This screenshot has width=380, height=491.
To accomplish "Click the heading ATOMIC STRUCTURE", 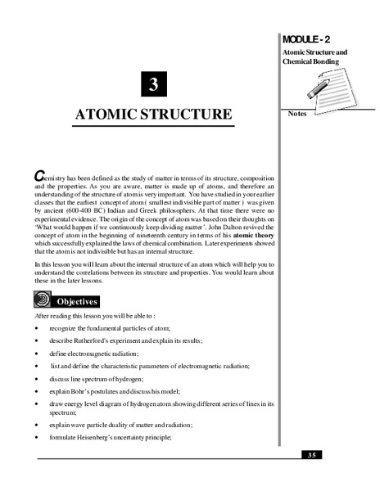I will click(154, 113).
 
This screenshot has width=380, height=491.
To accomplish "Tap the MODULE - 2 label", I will click(308, 39).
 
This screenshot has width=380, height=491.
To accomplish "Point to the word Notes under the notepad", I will click(297, 114).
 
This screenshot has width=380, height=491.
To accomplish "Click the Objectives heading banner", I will click(77, 301).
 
